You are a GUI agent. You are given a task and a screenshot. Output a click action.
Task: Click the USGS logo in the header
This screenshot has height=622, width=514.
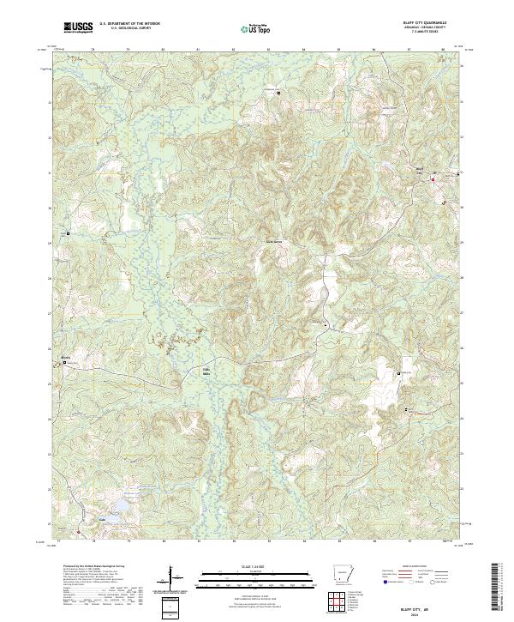coord(79,28)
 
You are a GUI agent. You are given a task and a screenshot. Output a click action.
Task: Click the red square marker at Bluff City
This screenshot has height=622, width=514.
coord(433,179)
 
